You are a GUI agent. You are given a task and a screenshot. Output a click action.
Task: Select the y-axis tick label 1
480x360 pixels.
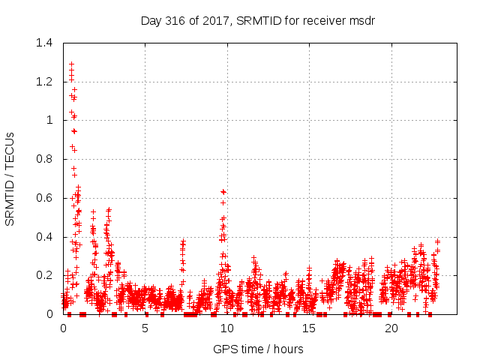pos(50,121)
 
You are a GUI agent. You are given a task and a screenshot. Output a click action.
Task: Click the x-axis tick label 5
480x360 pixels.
pos(145,328)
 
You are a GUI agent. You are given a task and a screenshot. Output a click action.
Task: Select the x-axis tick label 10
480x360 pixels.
pos(227,328)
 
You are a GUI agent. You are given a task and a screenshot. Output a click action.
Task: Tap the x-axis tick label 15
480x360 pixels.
pos(309,328)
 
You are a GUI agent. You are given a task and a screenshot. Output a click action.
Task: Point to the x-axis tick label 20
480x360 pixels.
pos(391,328)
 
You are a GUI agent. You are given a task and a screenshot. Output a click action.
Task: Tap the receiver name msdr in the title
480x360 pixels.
pos(360,20)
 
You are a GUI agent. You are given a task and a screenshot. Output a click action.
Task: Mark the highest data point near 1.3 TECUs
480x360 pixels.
pos(71,64)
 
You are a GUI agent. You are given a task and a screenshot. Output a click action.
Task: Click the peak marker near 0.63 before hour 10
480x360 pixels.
pos(223,192)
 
